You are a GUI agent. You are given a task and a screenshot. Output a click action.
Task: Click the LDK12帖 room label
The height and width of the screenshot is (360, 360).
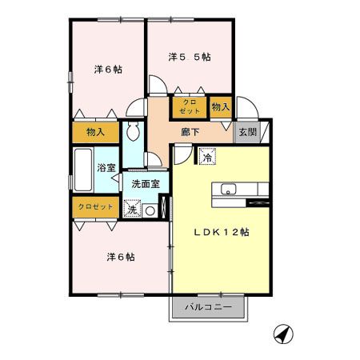pyautogui.click(x=223, y=232)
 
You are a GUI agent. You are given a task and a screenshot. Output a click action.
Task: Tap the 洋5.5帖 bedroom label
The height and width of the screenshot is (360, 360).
pyautogui.click(x=190, y=58)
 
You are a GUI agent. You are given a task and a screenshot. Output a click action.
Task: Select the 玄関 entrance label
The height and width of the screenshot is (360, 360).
pyautogui.click(x=247, y=133)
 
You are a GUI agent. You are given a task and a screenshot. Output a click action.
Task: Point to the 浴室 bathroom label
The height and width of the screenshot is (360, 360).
pyautogui.click(x=106, y=168)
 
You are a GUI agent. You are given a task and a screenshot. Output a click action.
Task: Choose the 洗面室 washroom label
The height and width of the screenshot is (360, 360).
pyautogui.click(x=146, y=184)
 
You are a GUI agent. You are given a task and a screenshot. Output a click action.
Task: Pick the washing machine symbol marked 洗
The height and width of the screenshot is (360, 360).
pyautogui.click(x=132, y=210)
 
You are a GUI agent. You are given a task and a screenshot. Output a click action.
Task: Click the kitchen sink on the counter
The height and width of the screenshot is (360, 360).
pyautogui.click(x=227, y=190)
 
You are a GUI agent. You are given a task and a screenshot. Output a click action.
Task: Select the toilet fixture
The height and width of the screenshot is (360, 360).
pyautogui.click(x=134, y=130)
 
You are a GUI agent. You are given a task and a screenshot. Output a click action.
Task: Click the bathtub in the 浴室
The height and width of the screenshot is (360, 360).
pyautogui.click(x=83, y=169)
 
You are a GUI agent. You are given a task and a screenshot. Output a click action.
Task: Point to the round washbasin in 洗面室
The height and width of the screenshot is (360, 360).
pyautogui.click(x=150, y=210)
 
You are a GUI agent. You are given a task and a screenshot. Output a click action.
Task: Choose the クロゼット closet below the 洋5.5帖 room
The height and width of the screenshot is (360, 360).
pyautogui.click(x=190, y=106)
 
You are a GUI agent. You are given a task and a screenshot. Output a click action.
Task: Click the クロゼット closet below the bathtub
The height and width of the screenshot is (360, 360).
pyautogui.click(x=94, y=206)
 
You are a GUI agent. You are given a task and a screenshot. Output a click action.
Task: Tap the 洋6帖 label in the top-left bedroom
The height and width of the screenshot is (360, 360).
pyautogui.click(x=108, y=70)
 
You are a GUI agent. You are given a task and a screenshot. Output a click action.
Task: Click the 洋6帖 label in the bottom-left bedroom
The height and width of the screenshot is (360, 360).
pyautogui.click(x=120, y=258)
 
